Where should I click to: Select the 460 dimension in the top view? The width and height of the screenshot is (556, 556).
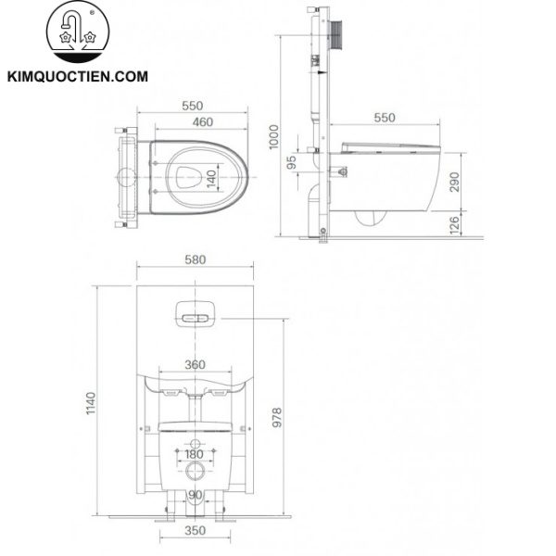[193, 122]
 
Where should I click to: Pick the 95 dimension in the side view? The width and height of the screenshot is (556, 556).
[293, 161]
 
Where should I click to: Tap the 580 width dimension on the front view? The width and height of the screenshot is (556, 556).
[195, 259]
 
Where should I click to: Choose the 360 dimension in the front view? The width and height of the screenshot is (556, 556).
[194, 365]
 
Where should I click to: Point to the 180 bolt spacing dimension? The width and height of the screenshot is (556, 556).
[194, 453]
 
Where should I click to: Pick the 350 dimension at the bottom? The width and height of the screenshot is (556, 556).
[194, 532]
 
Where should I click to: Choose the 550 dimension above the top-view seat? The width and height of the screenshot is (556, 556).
[193, 106]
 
